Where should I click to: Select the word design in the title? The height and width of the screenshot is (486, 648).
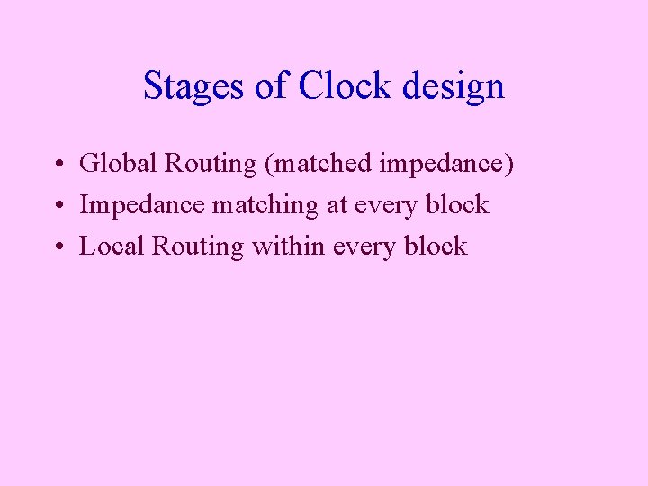[x=454, y=86]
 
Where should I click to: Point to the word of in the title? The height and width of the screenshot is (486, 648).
[x=274, y=86]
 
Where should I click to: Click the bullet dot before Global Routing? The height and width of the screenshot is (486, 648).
[x=57, y=166]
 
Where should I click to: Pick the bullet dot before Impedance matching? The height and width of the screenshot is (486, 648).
[x=57, y=206]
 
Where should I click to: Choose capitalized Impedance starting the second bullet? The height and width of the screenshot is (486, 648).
[x=142, y=205]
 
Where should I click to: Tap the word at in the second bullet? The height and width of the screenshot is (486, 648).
[x=337, y=205]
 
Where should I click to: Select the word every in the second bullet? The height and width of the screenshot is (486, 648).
[x=386, y=206]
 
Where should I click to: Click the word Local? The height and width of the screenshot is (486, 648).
[x=112, y=246]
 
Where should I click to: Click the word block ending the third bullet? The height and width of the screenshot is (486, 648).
[x=436, y=246]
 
